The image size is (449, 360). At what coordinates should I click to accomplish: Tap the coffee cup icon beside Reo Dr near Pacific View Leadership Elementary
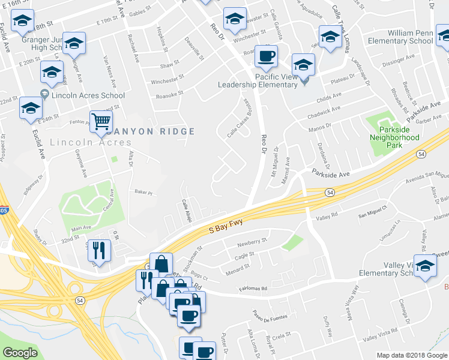click(x=266, y=56)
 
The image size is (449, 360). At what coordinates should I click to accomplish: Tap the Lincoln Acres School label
click(x=88, y=95)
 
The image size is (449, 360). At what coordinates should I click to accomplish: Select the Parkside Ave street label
click(x=331, y=173)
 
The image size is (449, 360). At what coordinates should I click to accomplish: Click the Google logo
click(x=20, y=353)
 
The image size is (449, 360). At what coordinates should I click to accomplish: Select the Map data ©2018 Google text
click(x=412, y=355)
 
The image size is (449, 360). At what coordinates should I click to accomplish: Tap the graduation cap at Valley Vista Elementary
click(x=425, y=267)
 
